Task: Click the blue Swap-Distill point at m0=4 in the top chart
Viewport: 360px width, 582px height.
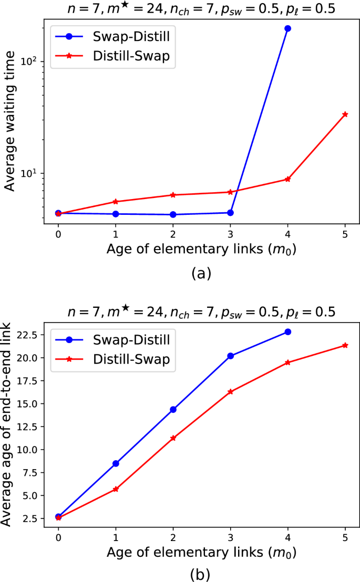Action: click(x=287, y=28)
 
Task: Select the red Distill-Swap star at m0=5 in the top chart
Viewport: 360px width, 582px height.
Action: click(x=345, y=114)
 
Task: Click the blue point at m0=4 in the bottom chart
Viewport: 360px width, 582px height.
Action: click(x=287, y=332)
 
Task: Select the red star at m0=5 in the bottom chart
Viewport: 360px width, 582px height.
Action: click(x=345, y=345)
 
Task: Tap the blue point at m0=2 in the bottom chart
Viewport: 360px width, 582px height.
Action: click(x=173, y=409)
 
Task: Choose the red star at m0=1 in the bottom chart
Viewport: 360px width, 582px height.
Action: click(x=115, y=489)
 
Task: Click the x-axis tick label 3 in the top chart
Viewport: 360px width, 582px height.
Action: click(x=230, y=233)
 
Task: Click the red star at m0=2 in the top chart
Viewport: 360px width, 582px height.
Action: click(x=173, y=195)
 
